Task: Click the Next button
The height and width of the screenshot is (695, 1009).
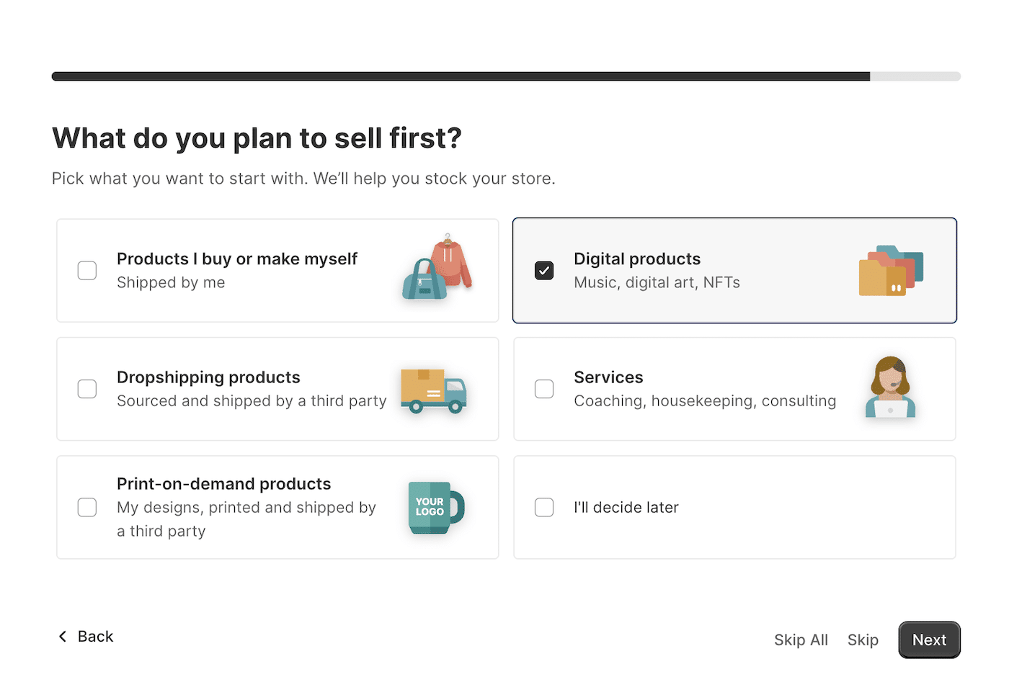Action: [x=929, y=640]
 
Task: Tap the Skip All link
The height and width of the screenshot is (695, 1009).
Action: [x=801, y=640]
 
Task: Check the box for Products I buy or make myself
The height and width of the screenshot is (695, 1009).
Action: [x=87, y=271]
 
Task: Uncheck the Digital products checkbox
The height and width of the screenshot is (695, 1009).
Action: [x=543, y=271]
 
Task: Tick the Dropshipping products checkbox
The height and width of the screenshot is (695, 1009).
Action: [x=87, y=389]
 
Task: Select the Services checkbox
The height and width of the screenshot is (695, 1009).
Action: [x=543, y=389]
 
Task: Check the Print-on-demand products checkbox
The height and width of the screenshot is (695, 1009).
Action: [x=87, y=507]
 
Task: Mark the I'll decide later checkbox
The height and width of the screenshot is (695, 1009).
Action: [x=543, y=507]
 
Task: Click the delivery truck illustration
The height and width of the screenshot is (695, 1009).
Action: [x=433, y=390]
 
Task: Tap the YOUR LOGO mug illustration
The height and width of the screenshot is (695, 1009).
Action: [x=435, y=507]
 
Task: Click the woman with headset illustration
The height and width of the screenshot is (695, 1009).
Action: [x=890, y=387]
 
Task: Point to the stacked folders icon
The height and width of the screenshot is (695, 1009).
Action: [x=891, y=271]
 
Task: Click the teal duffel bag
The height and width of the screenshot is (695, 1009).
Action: [x=425, y=279]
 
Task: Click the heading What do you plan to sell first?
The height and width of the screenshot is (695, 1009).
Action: [x=257, y=138]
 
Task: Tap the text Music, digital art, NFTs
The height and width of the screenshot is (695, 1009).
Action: [x=657, y=282]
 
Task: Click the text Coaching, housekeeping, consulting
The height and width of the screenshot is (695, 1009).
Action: [x=705, y=400]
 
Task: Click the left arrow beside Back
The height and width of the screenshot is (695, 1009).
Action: [x=63, y=636]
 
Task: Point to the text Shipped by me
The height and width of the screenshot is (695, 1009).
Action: [x=171, y=282]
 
